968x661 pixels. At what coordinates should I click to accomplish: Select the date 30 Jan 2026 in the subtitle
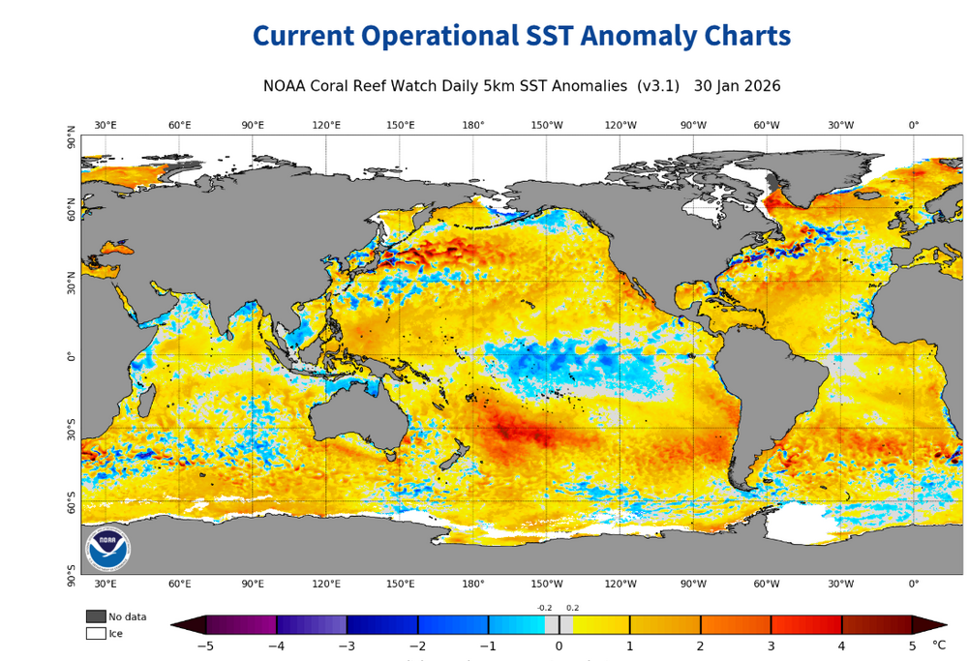tap(738, 86)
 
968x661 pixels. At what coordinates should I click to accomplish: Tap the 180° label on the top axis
tap(473, 125)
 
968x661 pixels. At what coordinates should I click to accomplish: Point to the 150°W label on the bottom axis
tap(547, 584)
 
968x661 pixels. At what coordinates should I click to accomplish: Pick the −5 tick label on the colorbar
tap(205, 646)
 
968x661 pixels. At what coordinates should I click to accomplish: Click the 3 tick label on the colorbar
tap(771, 646)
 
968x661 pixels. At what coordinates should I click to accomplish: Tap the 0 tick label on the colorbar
tap(559, 646)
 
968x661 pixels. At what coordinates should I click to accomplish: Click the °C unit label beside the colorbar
tap(938, 645)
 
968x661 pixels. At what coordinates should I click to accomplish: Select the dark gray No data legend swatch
tap(96, 616)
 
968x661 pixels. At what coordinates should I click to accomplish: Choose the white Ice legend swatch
tap(96, 633)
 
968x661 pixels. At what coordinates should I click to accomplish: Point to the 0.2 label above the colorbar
tap(572, 608)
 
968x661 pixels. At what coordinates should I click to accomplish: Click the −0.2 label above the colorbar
tap(544, 608)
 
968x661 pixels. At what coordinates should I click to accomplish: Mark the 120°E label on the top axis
tap(326, 125)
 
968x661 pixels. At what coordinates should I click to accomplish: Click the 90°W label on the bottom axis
tap(693, 584)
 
